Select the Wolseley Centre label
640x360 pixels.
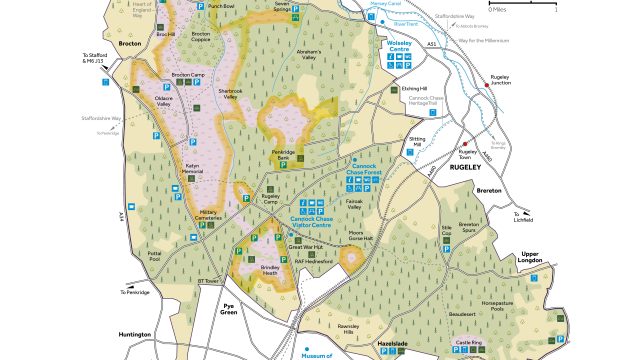click(x=398, y=47)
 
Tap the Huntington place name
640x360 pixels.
click(x=132, y=335)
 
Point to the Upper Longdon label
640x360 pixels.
click(x=536, y=257)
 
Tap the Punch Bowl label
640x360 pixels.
click(x=223, y=6)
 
